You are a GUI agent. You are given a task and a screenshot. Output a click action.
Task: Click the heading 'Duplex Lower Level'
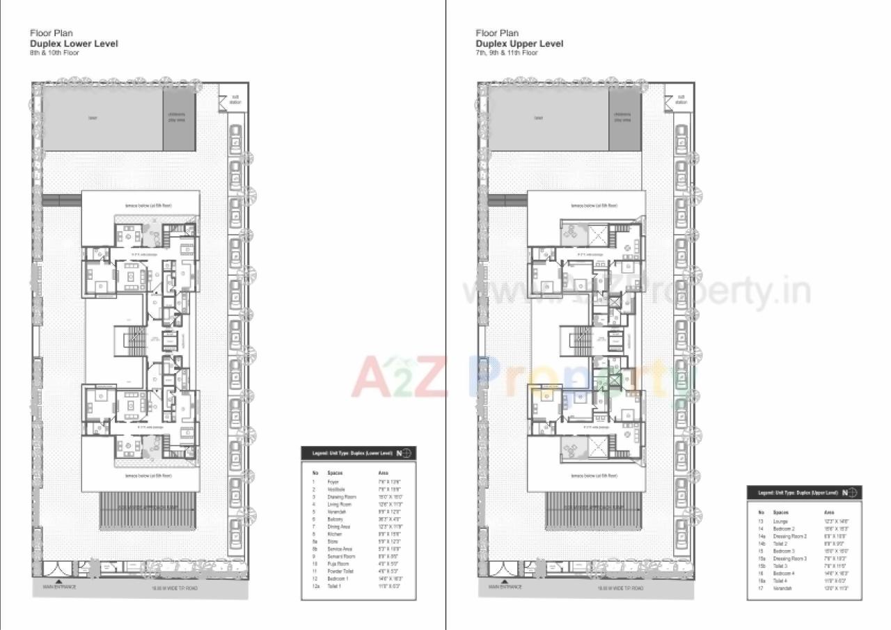(74, 43)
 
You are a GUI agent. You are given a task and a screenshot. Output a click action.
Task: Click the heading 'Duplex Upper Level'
(519, 43)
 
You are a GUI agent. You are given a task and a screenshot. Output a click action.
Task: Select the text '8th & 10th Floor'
(54, 53)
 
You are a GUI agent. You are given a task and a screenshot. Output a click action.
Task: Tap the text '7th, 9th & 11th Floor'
(507, 53)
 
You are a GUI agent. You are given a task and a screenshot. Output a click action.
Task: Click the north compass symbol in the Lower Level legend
(404, 453)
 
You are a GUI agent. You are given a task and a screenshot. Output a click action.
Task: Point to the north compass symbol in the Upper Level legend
(851, 493)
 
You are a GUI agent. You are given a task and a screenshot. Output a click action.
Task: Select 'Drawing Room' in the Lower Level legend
(342, 497)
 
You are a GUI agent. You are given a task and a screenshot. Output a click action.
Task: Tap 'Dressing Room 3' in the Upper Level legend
(790, 558)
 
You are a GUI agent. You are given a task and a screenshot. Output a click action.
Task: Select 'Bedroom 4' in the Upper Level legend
(784, 573)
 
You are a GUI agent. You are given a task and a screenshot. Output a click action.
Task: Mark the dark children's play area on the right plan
(624, 118)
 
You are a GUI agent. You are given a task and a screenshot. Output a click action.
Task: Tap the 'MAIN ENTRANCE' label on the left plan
(59, 587)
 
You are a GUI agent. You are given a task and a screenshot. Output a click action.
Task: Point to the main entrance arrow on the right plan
(505, 580)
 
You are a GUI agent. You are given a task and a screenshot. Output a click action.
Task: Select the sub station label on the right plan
(681, 100)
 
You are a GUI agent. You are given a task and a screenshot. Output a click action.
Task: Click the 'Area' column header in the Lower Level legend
(382, 473)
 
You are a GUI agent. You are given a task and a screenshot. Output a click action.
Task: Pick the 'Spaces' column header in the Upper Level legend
(781, 512)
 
